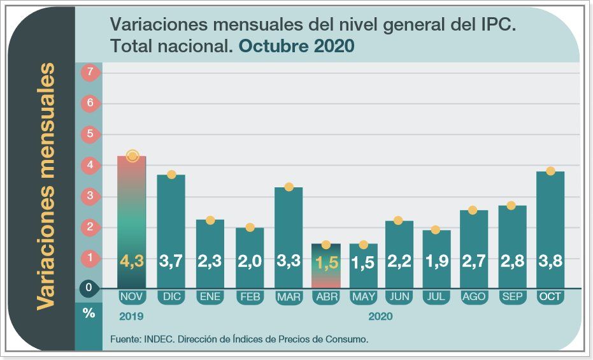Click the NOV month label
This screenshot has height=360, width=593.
click(x=132, y=297)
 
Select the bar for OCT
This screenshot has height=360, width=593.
click(x=550, y=229)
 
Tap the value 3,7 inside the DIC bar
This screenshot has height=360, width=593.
click(x=171, y=261)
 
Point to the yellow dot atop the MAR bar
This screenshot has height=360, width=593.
click(x=289, y=187)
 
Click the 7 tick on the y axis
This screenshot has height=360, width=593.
click(x=90, y=73)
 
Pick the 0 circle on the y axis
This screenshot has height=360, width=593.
click(x=89, y=288)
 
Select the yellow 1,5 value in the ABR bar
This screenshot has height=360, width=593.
click(x=325, y=262)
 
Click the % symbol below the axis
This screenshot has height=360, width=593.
click(x=89, y=313)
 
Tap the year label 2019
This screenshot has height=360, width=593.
click(x=131, y=316)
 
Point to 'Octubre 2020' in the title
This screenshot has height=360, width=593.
click(x=297, y=47)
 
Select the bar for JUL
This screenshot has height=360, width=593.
click(x=436, y=258)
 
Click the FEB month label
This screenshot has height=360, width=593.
click(x=249, y=297)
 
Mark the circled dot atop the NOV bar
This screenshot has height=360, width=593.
click(x=132, y=156)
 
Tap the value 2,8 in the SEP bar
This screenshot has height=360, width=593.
click(x=512, y=261)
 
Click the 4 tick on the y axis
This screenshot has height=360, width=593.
click(x=90, y=165)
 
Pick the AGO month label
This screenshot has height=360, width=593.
click(x=474, y=297)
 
